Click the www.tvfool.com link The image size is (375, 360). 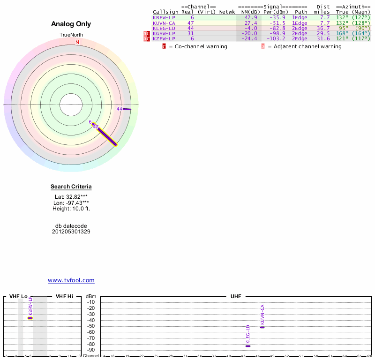[x=71, y=280]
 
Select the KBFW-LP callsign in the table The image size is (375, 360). [x=164, y=17]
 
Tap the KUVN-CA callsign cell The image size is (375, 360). [x=164, y=23]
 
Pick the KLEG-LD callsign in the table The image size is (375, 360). [x=164, y=28]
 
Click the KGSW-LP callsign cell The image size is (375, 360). [x=164, y=34]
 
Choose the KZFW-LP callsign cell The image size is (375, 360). [x=164, y=39]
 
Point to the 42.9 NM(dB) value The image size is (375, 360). [x=251, y=17]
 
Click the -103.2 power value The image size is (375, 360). [x=276, y=39]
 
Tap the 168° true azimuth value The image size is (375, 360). [x=343, y=34]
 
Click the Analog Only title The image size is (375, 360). [x=71, y=24]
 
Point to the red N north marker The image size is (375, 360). [x=77, y=42]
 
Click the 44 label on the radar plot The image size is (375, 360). [x=119, y=109]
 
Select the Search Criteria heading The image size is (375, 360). [x=71, y=187]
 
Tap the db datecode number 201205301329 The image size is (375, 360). [x=71, y=232]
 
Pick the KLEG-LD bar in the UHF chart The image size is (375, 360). [x=247, y=346]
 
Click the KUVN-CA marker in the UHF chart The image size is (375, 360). [x=262, y=327]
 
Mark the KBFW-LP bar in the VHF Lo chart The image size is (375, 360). [x=30, y=318]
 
